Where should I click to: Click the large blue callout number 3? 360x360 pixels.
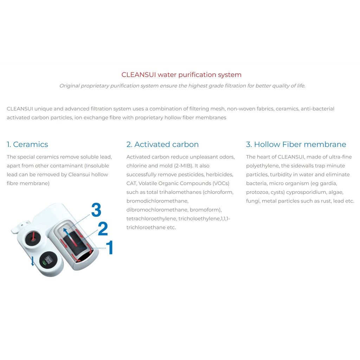coord(96,210)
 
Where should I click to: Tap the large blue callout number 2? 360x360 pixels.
coord(103,229)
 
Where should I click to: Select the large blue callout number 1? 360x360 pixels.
coord(110,247)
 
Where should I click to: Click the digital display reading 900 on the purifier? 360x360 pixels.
coord(48,260)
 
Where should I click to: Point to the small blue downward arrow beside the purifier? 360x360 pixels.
coord(33,261)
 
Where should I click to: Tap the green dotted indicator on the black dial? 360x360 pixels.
coord(44,263)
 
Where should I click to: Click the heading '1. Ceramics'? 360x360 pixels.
coord(27,144)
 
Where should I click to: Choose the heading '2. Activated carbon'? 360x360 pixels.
coord(162,144)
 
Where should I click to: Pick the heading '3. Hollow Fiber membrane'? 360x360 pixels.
coord(296,144)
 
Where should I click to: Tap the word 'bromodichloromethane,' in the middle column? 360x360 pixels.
coord(157,201)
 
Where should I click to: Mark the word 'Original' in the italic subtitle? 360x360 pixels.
coord(69,86)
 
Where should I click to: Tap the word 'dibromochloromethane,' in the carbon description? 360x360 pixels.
coord(157,210)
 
